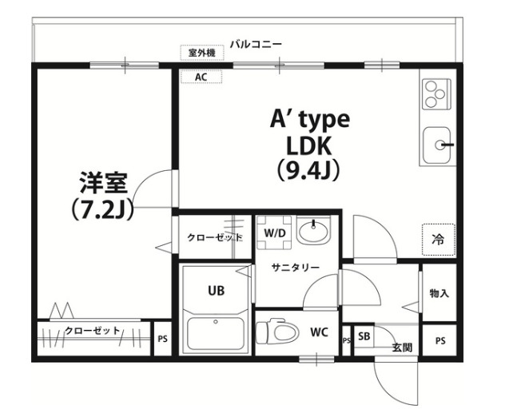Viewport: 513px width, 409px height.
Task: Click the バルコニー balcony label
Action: (255, 43)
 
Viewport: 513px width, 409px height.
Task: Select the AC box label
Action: (201, 77)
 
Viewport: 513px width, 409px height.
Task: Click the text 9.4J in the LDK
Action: (308, 170)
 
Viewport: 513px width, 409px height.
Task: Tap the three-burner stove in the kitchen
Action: (436, 94)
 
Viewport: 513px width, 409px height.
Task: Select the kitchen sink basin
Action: (438, 144)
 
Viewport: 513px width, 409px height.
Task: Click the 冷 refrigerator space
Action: (438, 239)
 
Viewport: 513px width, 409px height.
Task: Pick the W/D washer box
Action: (275, 232)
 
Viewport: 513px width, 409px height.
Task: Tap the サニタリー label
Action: (295, 268)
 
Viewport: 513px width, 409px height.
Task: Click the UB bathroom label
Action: (217, 291)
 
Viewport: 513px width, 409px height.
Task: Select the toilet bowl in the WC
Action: (275, 330)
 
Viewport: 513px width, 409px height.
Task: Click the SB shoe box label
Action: (364, 336)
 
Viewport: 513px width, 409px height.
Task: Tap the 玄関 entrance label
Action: (402, 347)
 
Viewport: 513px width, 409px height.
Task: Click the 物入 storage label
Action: (439, 294)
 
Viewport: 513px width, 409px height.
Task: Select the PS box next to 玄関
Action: (439, 340)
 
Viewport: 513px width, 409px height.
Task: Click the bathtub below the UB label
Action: (215, 333)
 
